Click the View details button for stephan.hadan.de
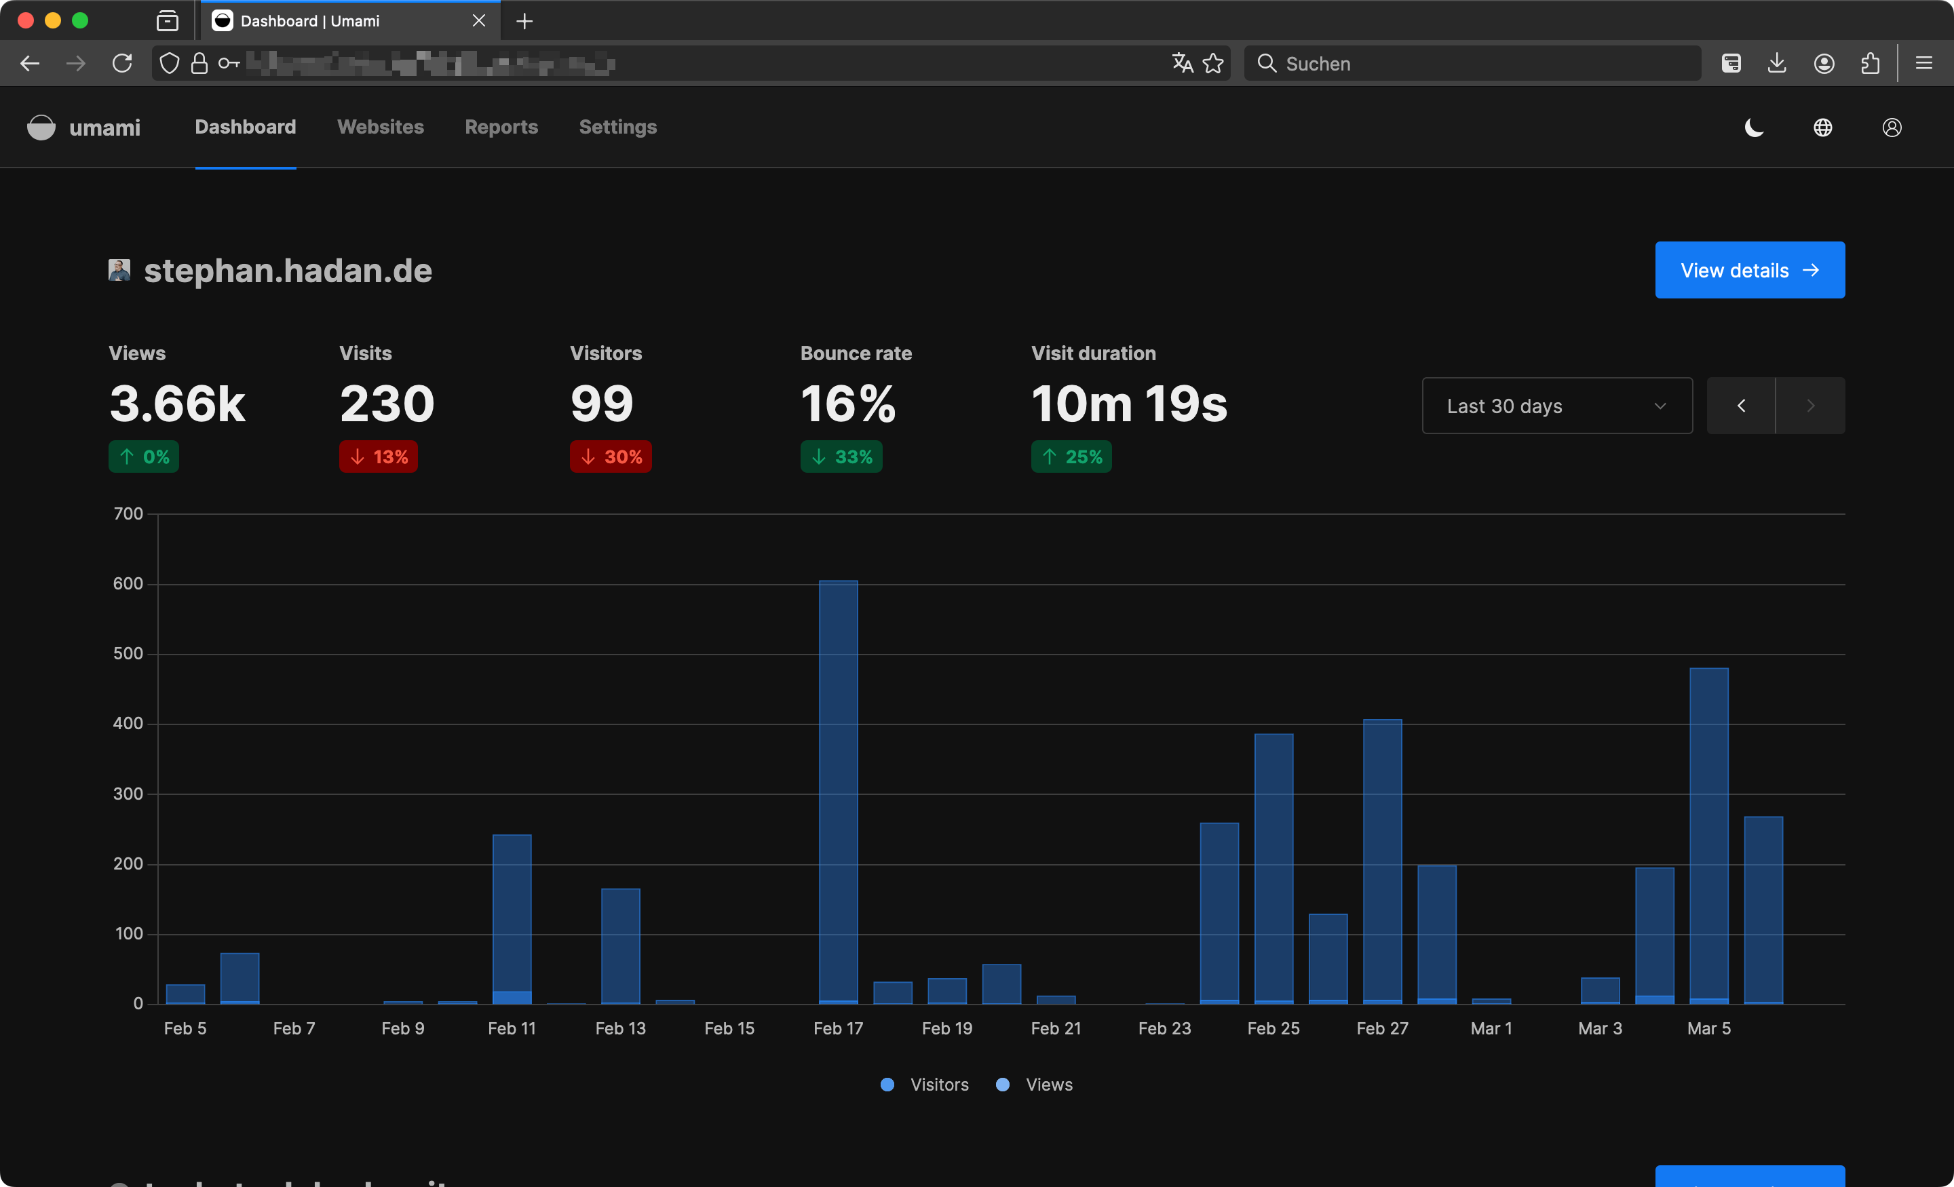[1748, 271]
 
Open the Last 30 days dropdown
[1556, 406]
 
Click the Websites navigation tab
[381, 127]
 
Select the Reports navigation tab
[501, 127]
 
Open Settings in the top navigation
[618, 127]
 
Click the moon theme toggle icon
[1753, 128]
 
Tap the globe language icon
[1822, 128]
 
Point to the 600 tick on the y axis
[128, 583]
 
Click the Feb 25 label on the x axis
[1273, 1028]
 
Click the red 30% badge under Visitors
[610, 456]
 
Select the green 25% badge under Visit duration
[1071, 456]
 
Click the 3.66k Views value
[178, 404]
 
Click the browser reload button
[122, 64]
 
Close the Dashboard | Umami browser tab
[478, 20]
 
